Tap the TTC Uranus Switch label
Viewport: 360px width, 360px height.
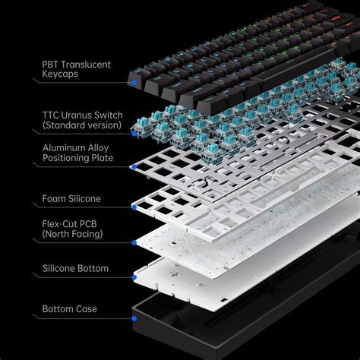point(81,118)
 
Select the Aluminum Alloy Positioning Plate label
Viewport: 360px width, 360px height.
point(78,152)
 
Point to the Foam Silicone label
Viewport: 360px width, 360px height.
point(72,199)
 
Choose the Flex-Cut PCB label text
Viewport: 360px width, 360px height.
point(74,229)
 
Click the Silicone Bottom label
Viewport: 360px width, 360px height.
point(75,268)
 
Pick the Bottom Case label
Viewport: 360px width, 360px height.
point(70,309)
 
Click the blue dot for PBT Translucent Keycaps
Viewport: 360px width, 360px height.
point(134,81)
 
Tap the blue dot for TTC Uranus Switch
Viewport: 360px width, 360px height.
point(134,134)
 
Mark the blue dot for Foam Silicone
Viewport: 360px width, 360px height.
point(134,205)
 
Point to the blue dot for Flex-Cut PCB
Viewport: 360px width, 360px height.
point(134,243)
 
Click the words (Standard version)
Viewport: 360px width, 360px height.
point(82,125)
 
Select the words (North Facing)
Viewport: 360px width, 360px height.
point(74,235)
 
